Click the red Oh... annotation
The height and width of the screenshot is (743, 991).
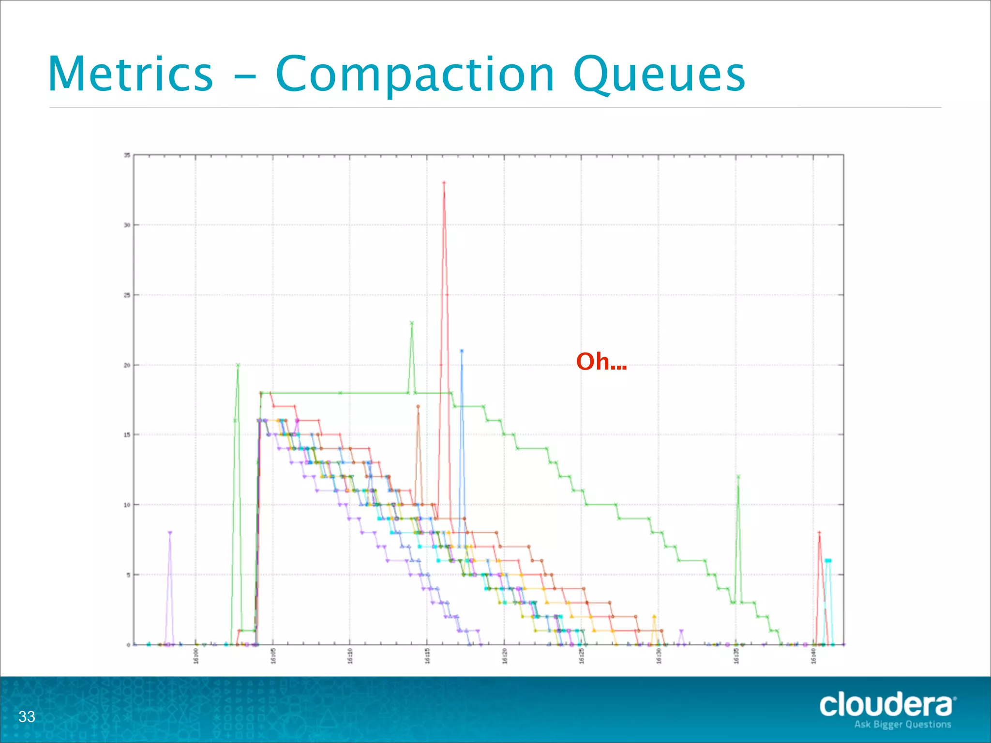(601, 361)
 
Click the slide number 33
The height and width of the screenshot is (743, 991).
(27, 716)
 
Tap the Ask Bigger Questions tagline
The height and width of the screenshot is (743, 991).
(902, 724)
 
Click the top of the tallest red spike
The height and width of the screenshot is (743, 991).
(444, 183)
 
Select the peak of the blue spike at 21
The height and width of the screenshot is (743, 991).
(462, 351)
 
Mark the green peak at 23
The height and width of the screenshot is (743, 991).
(412, 323)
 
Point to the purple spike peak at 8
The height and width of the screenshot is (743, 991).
(170, 533)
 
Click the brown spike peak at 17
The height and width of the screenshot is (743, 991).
(418, 406)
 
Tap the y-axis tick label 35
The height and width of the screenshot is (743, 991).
(127, 155)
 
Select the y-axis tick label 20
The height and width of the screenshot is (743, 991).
(127, 365)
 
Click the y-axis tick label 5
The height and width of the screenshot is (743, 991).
(128, 575)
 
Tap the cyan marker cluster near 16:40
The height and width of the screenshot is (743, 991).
(828, 561)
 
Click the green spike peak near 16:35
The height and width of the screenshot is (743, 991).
(738, 476)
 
